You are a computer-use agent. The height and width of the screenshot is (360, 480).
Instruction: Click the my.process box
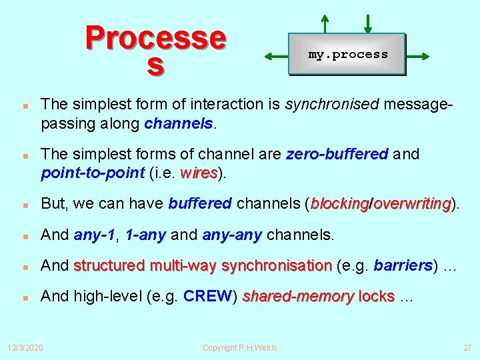tap(347, 54)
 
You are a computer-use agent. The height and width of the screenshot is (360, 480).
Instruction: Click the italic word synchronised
tap(322, 104)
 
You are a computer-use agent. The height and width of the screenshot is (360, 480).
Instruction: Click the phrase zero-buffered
tap(337, 154)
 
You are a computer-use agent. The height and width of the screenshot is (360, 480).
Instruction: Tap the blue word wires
tap(199, 173)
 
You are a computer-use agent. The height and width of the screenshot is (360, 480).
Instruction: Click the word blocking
tap(340, 203)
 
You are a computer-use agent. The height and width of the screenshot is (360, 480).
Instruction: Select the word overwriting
tap(412, 203)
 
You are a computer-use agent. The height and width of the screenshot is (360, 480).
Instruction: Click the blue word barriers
tap(403, 266)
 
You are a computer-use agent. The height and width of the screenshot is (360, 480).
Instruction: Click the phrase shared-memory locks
tap(319, 297)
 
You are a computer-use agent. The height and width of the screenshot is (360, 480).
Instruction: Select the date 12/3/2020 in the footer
tap(25, 347)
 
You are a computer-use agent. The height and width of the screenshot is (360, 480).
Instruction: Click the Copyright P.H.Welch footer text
tap(239, 347)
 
